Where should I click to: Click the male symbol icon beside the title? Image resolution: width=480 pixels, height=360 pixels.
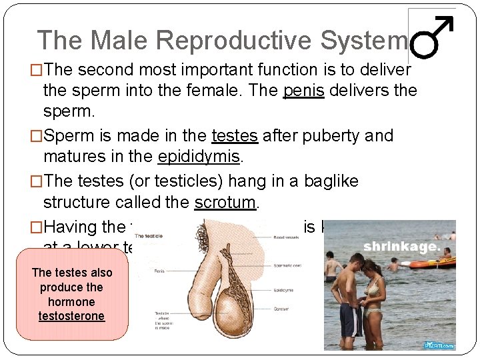432,39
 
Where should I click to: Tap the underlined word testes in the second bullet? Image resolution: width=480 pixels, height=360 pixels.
234,136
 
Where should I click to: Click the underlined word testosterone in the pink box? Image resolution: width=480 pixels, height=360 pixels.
72,315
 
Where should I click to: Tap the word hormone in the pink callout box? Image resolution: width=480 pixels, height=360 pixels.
72,301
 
